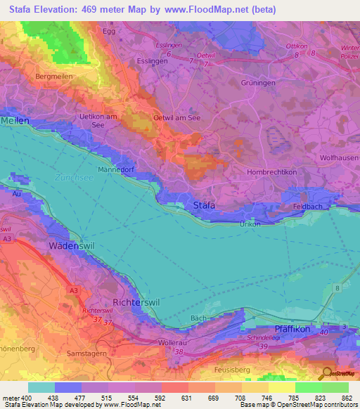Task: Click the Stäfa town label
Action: click(204, 205)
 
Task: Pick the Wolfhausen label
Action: click(340, 159)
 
